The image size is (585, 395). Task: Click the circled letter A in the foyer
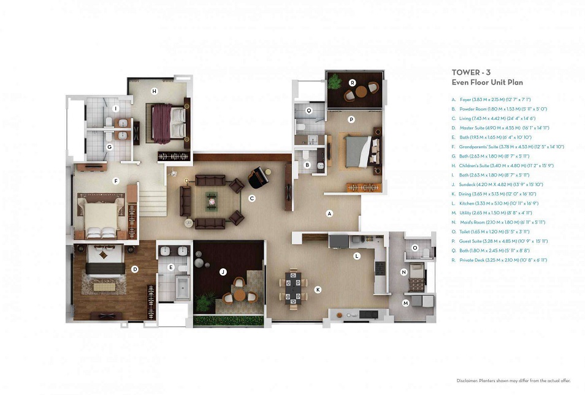click(x=329, y=214)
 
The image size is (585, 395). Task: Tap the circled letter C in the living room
click(x=251, y=198)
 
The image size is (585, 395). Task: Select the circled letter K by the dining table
click(x=318, y=290)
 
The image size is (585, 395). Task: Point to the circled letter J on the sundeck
click(x=223, y=271)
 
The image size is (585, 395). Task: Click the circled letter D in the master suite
click(x=135, y=269)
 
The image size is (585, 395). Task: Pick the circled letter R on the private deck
click(x=353, y=83)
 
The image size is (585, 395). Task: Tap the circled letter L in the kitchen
click(x=356, y=256)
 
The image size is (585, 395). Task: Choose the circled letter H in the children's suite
click(x=155, y=91)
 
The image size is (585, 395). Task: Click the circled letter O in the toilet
click(x=415, y=248)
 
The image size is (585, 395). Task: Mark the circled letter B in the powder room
click(x=308, y=165)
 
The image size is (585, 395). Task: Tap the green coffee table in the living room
click(x=212, y=198)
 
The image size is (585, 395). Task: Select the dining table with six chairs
click(x=295, y=287)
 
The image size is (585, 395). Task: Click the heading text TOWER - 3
click(x=471, y=72)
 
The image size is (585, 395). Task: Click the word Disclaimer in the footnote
click(x=468, y=380)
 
